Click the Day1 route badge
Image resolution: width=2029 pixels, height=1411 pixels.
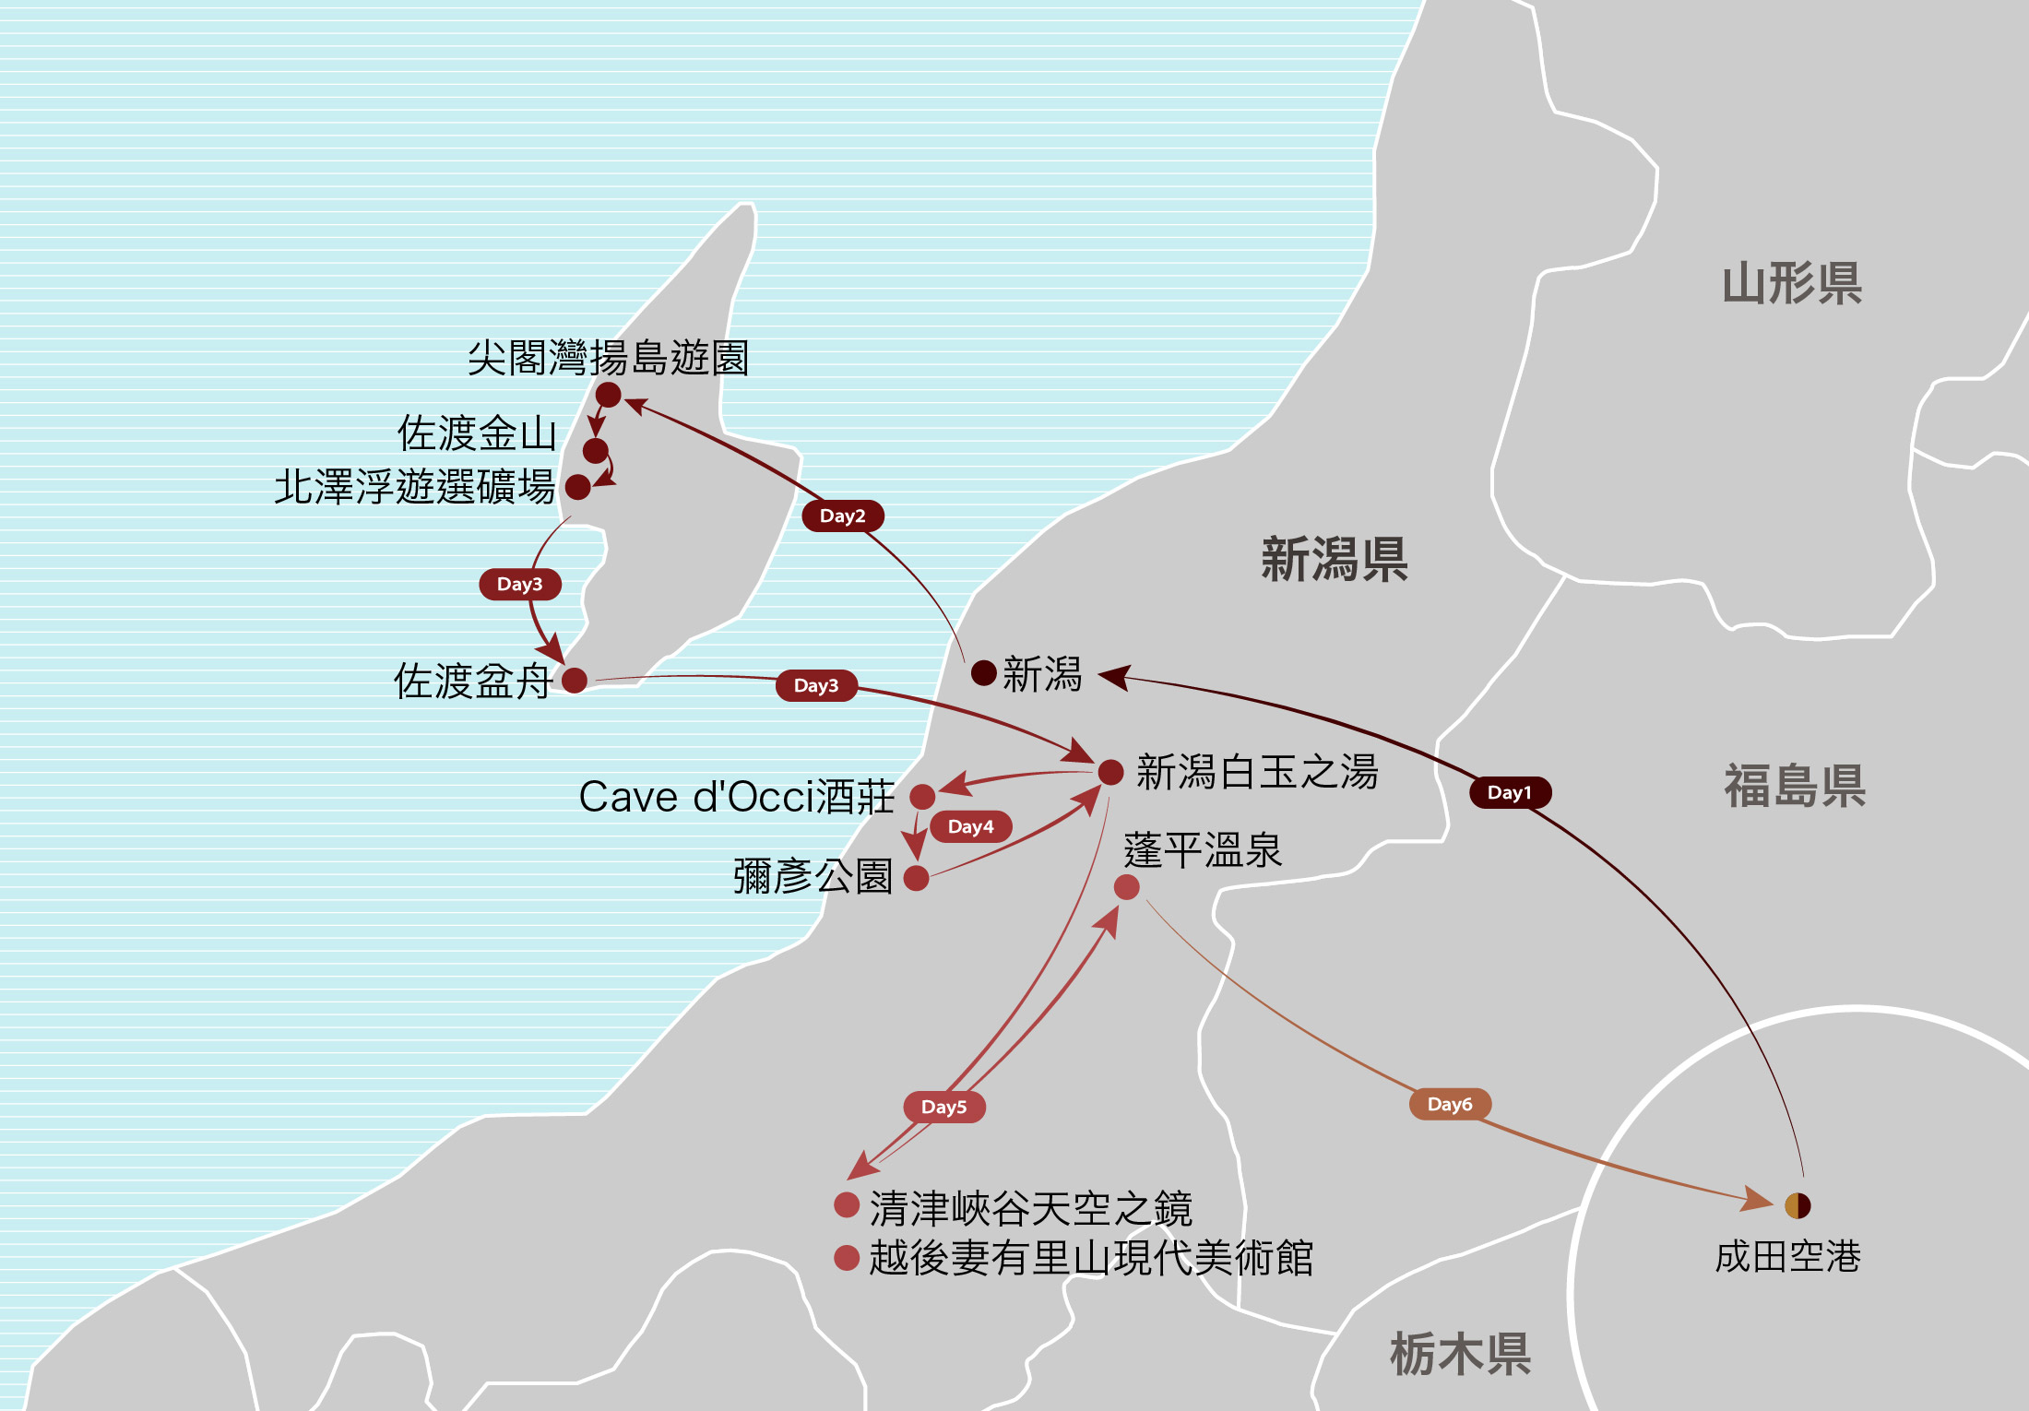click(1510, 792)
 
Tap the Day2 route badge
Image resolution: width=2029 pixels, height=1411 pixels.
click(842, 516)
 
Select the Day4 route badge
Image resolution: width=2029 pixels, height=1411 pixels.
click(970, 826)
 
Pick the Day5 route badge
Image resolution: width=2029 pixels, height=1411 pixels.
click(943, 1107)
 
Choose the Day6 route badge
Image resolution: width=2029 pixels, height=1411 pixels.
click(1450, 1104)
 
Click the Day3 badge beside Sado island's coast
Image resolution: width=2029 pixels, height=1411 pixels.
click(519, 584)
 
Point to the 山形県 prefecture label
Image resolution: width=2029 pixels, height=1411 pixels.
click(1792, 283)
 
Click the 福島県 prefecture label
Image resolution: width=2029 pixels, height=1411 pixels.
click(1795, 787)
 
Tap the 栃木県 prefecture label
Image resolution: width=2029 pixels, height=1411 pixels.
click(1460, 1354)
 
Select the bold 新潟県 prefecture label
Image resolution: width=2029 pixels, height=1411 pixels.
click(1334, 559)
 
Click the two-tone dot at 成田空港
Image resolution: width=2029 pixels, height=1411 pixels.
click(1798, 1205)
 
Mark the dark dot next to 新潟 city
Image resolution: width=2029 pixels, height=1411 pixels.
click(984, 673)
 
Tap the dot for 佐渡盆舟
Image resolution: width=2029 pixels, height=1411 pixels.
click(575, 681)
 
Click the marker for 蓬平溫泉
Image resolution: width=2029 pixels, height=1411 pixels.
click(1126, 887)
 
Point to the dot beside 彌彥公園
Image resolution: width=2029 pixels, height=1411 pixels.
click(916, 878)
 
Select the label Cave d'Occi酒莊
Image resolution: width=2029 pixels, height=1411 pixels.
click(736, 797)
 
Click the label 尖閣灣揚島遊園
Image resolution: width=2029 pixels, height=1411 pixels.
click(608, 358)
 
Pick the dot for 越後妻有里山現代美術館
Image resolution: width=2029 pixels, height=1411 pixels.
click(847, 1258)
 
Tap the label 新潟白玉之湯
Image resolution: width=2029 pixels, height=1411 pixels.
click(1257, 772)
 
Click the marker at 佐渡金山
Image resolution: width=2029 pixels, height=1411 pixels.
click(596, 451)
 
